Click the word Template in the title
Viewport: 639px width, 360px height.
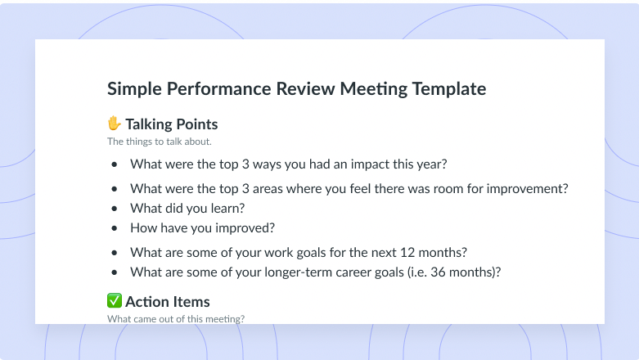coord(448,89)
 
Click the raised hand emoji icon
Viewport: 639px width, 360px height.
coord(114,123)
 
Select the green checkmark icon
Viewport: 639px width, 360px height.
coord(114,300)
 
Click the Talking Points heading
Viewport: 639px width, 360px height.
coord(172,124)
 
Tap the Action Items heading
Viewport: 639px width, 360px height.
coord(168,302)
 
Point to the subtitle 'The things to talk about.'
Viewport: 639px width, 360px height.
coord(160,142)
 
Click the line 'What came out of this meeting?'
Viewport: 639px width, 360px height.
coord(176,319)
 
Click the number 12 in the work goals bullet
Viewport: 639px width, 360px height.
coord(407,252)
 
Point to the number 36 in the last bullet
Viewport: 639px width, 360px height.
coord(438,272)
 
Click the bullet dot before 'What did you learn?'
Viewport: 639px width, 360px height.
coord(114,209)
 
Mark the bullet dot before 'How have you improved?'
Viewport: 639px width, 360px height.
coord(114,228)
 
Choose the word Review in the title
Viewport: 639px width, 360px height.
coord(306,89)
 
